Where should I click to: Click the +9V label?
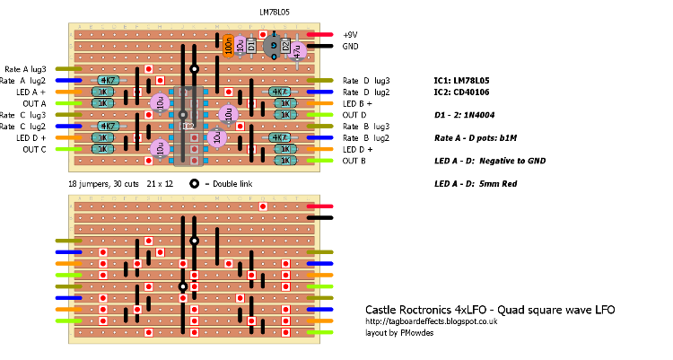click(350, 34)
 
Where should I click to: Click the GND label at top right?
click(350, 46)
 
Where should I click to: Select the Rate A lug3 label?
click(25, 69)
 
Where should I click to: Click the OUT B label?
click(354, 161)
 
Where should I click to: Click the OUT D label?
click(354, 115)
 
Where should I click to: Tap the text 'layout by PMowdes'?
click(398, 332)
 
